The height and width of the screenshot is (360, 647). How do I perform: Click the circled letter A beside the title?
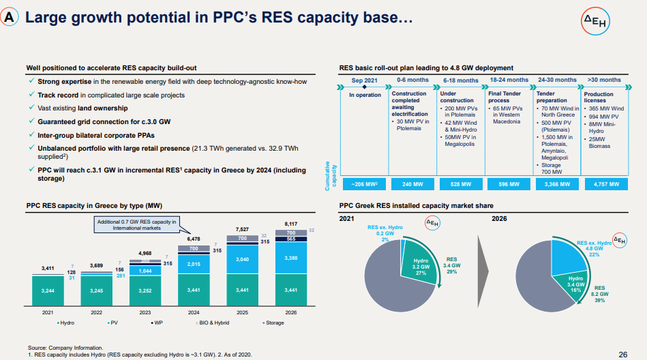10,18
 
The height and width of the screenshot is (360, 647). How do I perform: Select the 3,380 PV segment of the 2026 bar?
290,259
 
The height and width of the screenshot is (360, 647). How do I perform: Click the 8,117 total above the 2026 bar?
290,223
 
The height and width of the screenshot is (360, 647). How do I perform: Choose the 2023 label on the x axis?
146,312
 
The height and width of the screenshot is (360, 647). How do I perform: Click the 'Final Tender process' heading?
505,97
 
